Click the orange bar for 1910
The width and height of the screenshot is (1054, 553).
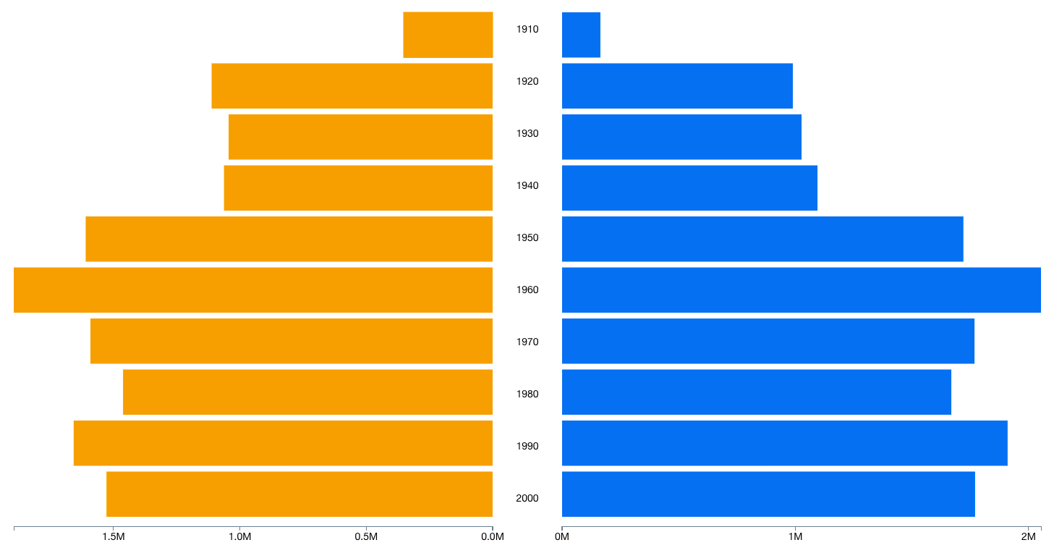[448, 35]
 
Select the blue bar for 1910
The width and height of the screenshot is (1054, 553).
[581, 35]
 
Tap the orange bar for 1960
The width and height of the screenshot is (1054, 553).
[253, 290]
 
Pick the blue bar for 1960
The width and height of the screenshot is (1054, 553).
[801, 290]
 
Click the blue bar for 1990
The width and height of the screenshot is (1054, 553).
[784, 443]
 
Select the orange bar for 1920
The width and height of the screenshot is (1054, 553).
[352, 86]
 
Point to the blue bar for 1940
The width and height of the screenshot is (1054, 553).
[689, 188]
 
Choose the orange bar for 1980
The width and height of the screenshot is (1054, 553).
[307, 392]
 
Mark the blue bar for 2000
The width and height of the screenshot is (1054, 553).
[768, 494]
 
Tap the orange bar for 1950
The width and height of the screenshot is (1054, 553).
[289, 239]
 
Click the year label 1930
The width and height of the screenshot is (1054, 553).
[527, 134]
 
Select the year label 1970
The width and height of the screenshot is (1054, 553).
[527, 342]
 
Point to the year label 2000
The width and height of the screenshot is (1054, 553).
[527, 498]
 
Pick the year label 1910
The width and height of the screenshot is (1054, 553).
[527, 30]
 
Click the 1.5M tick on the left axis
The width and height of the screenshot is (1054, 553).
[114, 537]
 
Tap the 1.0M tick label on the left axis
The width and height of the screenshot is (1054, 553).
[239, 537]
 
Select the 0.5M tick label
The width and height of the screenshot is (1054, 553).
[366, 537]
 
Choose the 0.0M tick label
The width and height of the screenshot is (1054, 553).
[492, 537]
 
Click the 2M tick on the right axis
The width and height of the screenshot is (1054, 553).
[1028, 537]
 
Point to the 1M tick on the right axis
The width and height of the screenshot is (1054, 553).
[795, 537]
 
